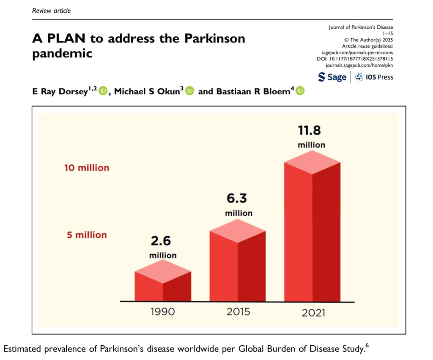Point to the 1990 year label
162,312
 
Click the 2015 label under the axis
238,312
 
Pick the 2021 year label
313,313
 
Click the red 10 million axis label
87,168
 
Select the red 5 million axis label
87,235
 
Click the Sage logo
332,77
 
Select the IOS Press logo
374,77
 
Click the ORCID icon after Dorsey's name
103,91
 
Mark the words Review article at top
52,11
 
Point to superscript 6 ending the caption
367,346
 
